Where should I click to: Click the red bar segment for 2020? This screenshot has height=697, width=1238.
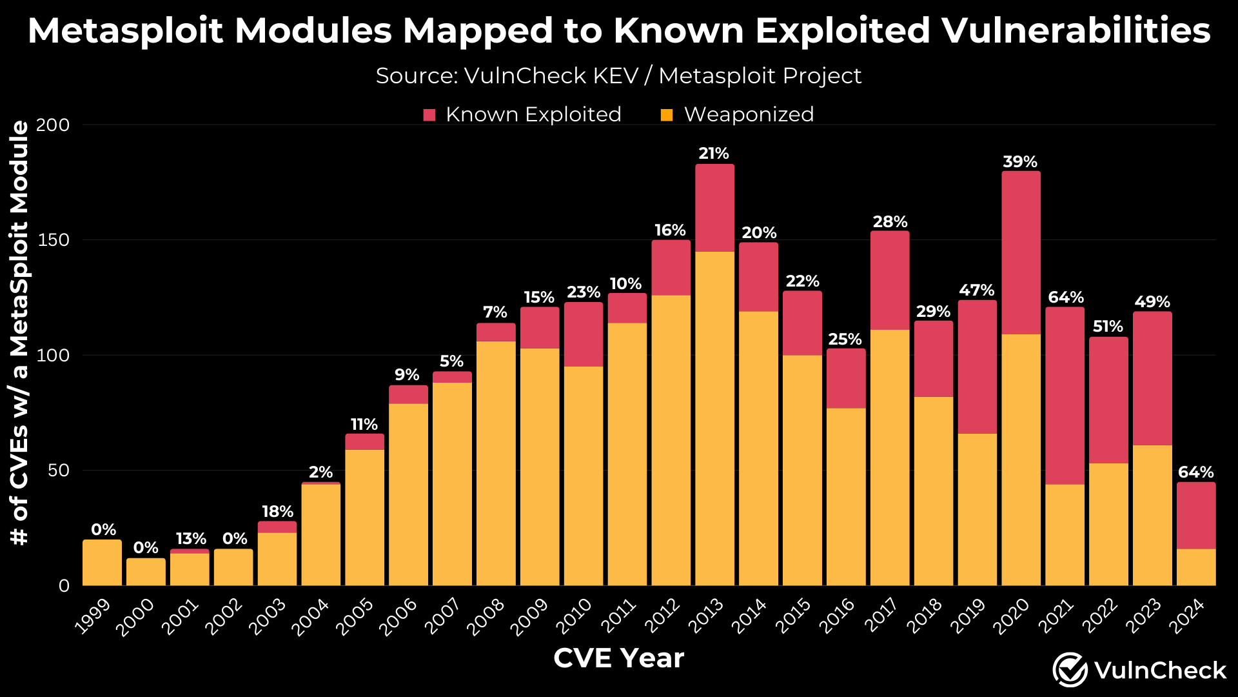[1021, 252]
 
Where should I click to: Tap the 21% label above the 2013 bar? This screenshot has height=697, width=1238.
[714, 154]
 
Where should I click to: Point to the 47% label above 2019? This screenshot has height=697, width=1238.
[977, 290]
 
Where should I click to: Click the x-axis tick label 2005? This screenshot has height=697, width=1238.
[357, 616]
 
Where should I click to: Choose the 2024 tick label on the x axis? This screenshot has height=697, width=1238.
[1188, 616]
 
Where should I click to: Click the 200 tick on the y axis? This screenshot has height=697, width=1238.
[53, 125]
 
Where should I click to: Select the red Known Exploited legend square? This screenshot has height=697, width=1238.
[429, 115]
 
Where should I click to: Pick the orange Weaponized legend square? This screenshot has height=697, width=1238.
[667, 115]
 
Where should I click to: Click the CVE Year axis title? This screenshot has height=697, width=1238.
[618, 658]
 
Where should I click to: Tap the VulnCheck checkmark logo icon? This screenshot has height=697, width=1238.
[1070, 670]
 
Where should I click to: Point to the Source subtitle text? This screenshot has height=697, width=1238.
[618, 76]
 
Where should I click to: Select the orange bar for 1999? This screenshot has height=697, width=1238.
[102, 563]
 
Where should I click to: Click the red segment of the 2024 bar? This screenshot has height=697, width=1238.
[1196, 516]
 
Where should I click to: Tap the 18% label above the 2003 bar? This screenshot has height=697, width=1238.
[277, 512]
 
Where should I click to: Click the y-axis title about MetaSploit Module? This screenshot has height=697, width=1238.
[20, 332]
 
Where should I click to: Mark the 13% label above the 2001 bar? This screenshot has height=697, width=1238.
[191, 539]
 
